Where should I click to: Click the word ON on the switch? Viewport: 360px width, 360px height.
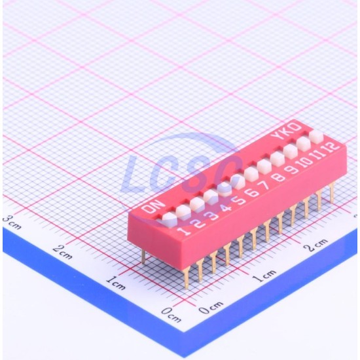[154, 206]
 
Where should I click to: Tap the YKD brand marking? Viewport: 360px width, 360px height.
[286, 131]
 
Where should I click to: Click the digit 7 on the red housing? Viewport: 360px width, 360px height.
[265, 185]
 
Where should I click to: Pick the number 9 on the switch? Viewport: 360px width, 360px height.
[291, 170]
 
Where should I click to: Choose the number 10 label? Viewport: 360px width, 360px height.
[304, 162]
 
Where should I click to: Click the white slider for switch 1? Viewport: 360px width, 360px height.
[170, 219]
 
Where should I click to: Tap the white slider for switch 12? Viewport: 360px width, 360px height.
[316, 137]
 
